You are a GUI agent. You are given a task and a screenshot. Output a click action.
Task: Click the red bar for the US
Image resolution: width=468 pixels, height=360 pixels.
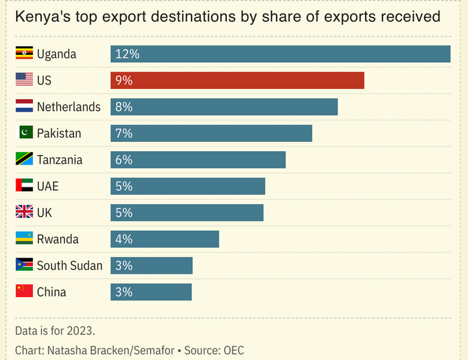click(238, 80)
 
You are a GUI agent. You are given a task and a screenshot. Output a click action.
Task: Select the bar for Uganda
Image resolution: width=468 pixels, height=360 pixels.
click(281, 54)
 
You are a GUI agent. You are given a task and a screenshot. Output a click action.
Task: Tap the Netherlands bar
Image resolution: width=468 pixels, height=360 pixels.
click(224, 107)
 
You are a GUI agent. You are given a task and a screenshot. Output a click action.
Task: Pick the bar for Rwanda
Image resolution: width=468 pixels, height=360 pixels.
click(165, 239)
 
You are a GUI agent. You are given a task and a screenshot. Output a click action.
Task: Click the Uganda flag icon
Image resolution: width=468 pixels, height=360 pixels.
click(24, 54)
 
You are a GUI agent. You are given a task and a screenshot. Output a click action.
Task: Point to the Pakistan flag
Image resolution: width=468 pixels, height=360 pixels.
click(24, 133)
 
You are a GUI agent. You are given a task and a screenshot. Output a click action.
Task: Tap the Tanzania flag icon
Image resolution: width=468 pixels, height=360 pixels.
click(24, 160)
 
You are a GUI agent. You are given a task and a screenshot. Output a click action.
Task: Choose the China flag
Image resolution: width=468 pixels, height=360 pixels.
click(24, 292)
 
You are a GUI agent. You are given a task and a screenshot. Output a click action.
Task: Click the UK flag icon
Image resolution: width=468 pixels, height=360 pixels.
click(24, 213)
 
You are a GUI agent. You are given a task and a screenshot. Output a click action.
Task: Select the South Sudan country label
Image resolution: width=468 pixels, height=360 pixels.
click(70, 266)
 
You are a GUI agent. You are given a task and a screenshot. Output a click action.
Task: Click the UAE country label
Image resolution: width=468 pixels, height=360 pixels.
click(48, 186)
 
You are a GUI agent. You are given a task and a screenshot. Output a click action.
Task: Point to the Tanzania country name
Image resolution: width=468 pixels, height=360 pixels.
click(60, 160)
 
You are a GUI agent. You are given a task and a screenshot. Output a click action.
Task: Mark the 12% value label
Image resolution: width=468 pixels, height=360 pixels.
click(127, 54)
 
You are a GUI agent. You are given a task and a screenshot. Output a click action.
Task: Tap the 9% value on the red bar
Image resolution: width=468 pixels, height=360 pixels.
click(124, 80)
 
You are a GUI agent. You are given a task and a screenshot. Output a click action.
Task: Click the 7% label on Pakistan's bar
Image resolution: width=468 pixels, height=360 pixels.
click(124, 133)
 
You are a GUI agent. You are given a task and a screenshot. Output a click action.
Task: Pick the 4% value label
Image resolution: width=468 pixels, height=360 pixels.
click(124, 239)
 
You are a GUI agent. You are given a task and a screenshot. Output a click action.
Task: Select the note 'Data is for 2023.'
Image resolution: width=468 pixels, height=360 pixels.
click(55, 330)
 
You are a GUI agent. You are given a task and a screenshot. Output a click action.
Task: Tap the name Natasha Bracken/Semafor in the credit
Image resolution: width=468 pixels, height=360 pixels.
click(110, 350)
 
